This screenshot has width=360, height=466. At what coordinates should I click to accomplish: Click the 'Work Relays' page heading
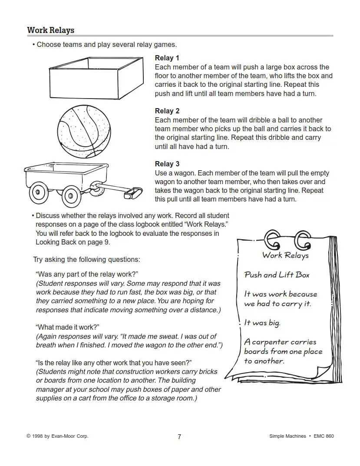[50, 30]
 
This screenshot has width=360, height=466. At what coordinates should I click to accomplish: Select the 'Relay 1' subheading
[167, 58]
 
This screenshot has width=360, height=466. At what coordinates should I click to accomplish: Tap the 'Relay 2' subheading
[167, 111]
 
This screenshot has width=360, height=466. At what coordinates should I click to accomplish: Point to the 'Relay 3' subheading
[167, 164]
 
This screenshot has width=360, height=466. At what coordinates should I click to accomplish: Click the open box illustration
[96, 78]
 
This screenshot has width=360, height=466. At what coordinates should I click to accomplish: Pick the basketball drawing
[84, 131]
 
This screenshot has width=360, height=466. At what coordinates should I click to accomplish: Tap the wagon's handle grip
[133, 192]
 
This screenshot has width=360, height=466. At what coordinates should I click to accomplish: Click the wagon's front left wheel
[71, 196]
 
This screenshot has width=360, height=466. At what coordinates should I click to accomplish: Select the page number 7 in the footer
[179, 436]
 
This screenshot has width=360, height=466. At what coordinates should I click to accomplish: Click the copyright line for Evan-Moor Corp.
[57, 436]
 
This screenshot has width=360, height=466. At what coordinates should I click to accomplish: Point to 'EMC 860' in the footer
[324, 436]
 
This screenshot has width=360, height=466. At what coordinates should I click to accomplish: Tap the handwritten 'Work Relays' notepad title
[285, 255]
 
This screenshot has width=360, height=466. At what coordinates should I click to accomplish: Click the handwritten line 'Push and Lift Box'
[277, 275]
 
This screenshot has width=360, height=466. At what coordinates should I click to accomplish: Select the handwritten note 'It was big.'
[262, 323]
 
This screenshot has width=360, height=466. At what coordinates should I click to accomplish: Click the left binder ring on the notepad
[272, 240]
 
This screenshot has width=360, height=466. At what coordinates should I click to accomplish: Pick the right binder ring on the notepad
[302, 240]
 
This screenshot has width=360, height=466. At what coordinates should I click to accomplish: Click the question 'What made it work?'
[67, 327]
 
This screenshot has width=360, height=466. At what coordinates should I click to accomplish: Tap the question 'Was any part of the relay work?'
[87, 274]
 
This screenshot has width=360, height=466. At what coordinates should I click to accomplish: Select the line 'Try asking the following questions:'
[86, 259]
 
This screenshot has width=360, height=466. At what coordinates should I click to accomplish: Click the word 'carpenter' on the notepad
[270, 342]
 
